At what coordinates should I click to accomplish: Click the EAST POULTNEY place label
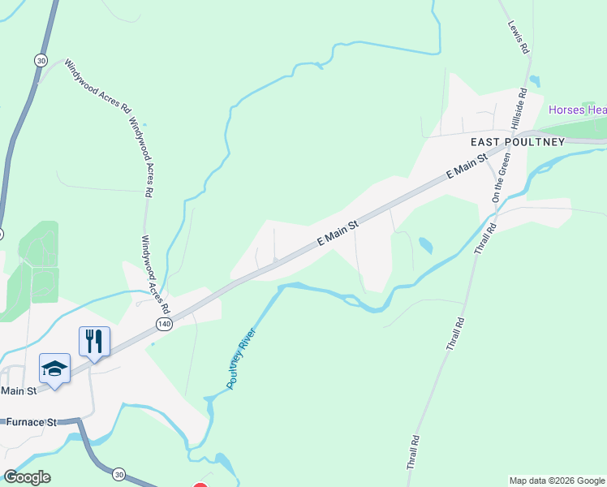coord(518,141)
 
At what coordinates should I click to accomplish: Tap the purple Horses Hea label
coord(577,110)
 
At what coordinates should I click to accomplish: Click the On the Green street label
coord(500,176)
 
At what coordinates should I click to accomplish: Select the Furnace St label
coord(31,423)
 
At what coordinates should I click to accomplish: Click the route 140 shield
coord(164,324)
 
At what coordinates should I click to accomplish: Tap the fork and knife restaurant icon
coord(94,340)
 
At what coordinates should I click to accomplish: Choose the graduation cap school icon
coord(55,368)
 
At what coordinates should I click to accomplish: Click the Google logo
coord(27,477)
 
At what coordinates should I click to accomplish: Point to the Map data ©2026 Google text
coord(557,481)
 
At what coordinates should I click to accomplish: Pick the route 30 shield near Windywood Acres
coord(41,60)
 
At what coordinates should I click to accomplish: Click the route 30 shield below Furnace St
coord(119,473)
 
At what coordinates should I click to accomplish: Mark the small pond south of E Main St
coord(425,243)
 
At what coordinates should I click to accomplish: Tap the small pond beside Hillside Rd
coord(535,81)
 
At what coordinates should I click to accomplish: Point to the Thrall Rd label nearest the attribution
coord(415,451)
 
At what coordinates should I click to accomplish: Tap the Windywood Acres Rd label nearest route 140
coord(155,275)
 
